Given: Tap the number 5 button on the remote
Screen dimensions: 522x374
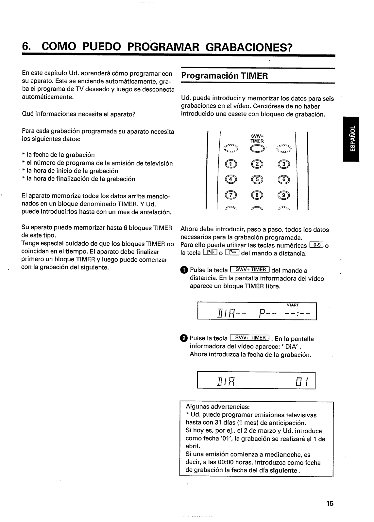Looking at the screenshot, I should point(258,179).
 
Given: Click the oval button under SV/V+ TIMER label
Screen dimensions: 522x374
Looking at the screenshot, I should point(257,149).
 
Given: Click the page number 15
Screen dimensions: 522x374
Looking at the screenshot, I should point(329,503).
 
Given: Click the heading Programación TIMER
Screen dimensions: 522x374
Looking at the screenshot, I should point(224,76).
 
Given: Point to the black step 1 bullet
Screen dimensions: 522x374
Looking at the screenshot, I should point(184,270).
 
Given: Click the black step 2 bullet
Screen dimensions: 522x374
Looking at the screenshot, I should point(184,338).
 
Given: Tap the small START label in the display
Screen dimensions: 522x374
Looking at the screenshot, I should point(292,305).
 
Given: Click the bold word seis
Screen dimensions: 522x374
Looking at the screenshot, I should point(328,99).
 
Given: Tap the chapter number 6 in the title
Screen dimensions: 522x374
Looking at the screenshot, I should point(25,47).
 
